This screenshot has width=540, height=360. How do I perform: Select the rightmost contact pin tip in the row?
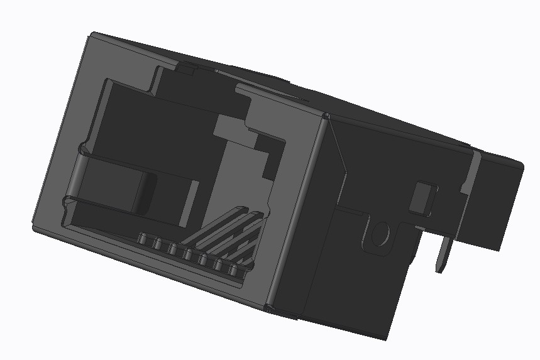pos(235,271)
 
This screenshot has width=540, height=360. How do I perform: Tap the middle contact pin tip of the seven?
pos(188,255)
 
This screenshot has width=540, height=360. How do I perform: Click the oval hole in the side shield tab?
pos(380,234)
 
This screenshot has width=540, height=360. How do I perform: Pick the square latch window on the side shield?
pos(422,199)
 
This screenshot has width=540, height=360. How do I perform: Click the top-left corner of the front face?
pos(91,34)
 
